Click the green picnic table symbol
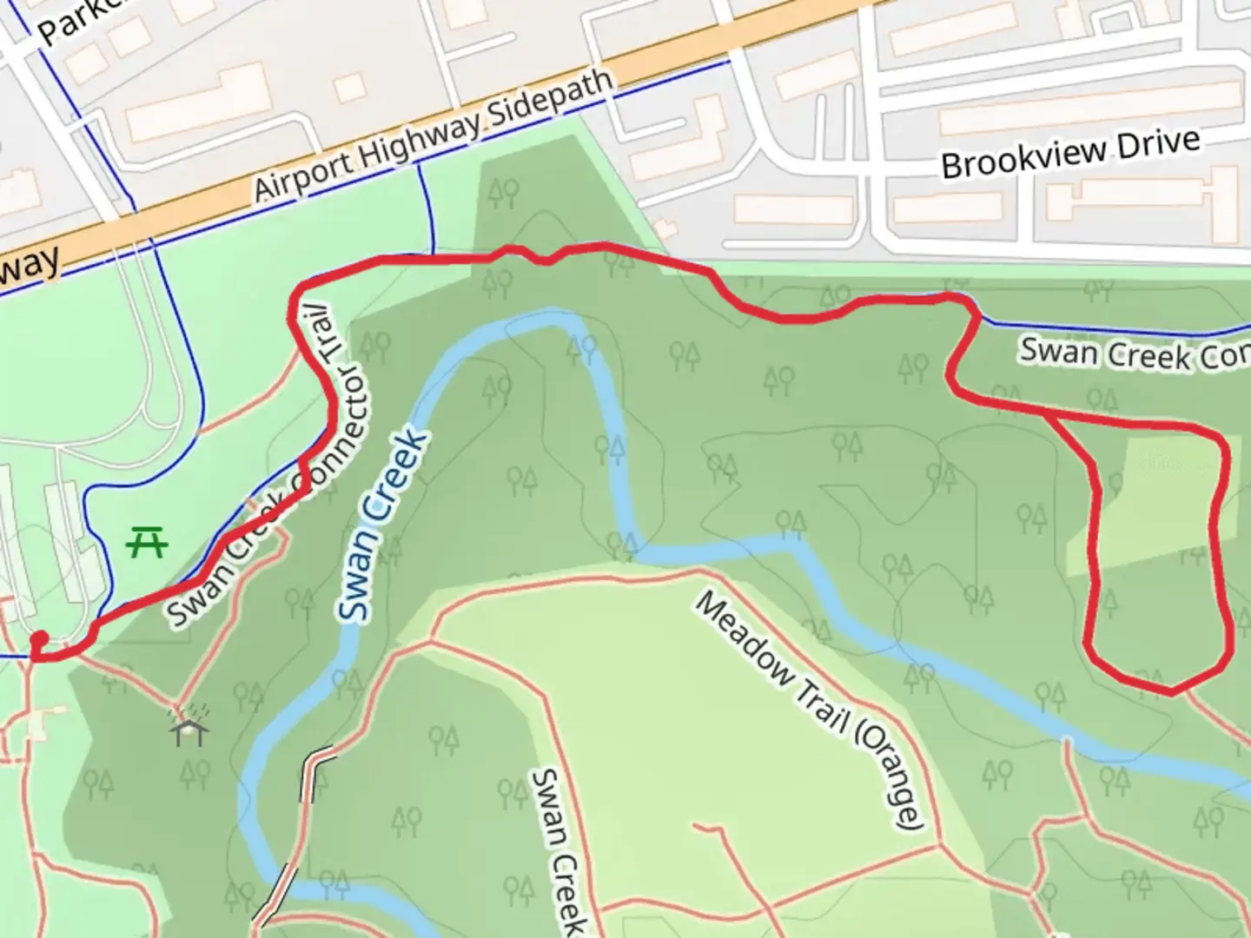click(x=147, y=544)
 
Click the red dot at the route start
click(x=39, y=641)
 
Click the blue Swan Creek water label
click(x=383, y=525)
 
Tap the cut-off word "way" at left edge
click(x=30, y=265)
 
